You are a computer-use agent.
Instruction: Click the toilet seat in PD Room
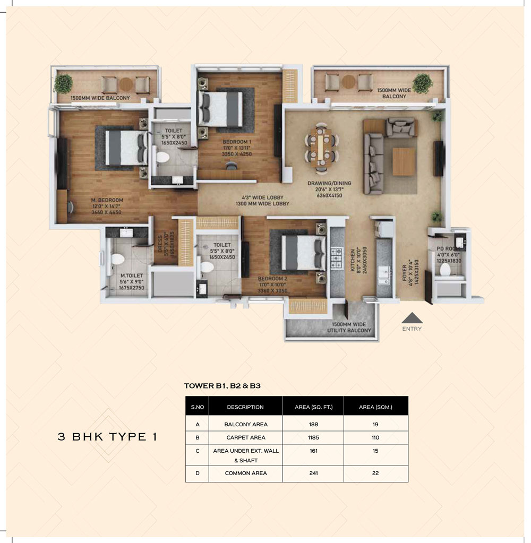click(445, 270)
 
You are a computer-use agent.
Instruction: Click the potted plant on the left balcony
click(63, 83)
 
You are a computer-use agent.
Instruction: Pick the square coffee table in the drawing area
click(404, 161)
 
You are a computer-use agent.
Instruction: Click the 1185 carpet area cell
click(313, 438)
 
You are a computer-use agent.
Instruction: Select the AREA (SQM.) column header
click(375, 407)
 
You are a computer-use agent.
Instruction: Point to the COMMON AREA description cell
click(245, 473)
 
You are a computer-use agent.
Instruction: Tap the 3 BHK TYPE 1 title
click(107, 437)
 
